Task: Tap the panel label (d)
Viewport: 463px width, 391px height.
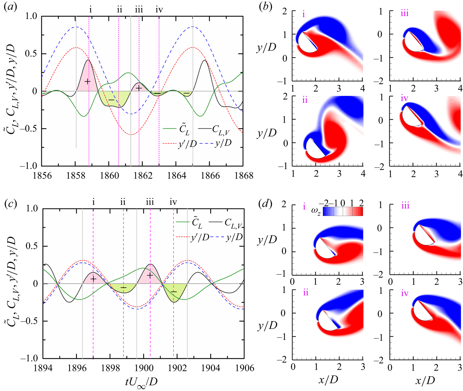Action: (265, 204)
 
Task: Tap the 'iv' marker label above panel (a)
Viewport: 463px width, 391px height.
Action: (159, 10)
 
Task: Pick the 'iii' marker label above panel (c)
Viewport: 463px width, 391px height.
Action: (150, 202)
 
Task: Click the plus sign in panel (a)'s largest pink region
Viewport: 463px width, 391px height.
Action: (87, 81)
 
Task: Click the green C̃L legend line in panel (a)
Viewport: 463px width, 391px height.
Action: (169, 129)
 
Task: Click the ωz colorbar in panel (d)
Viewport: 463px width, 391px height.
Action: (343, 211)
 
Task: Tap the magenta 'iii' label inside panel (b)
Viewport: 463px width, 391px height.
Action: (404, 14)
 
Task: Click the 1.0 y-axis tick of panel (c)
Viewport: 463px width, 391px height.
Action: (32, 209)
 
